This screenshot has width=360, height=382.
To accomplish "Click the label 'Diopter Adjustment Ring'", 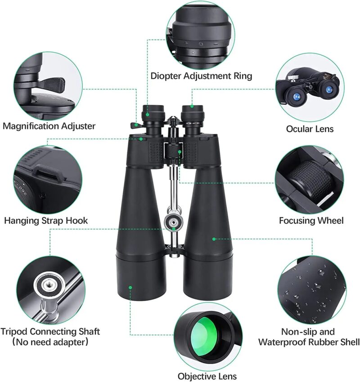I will tap(201, 76).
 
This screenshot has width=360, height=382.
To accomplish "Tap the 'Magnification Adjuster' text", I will tap(49, 126).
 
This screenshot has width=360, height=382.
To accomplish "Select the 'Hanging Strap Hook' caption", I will tap(46, 221).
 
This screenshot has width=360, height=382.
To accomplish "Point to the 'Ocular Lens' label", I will tap(310, 129).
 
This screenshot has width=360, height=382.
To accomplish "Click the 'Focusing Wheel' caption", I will tap(311, 221).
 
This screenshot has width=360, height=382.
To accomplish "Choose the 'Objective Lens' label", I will tap(207, 376).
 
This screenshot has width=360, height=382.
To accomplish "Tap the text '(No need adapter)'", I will tap(49, 343).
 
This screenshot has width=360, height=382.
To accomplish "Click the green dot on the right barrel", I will tap(214, 239).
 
